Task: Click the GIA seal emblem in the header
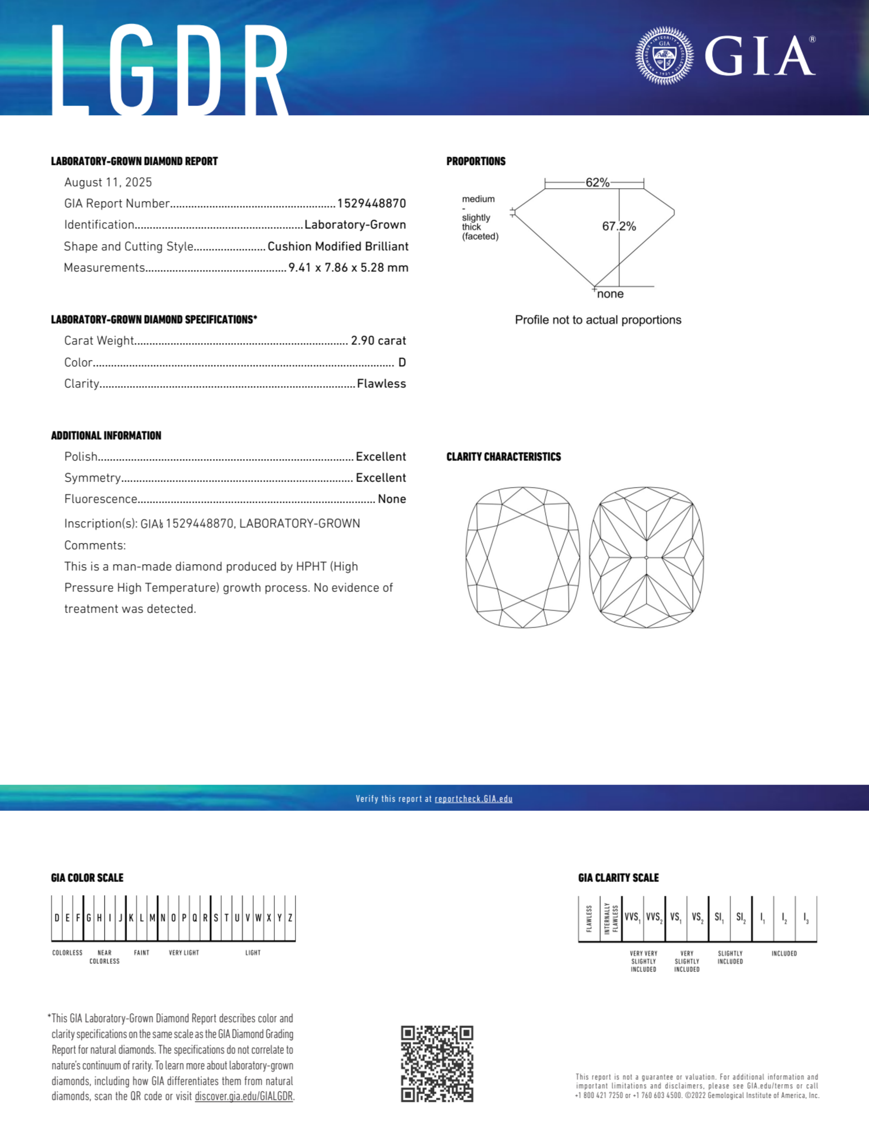click(x=664, y=56)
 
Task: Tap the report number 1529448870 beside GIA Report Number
click(x=371, y=203)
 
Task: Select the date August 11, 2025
click(x=108, y=183)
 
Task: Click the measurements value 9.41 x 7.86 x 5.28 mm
click(x=348, y=267)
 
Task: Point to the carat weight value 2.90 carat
click(x=378, y=341)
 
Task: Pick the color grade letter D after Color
click(x=402, y=363)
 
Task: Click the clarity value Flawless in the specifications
click(x=381, y=383)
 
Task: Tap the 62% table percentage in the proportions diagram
click(x=597, y=183)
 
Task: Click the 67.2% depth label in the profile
click(x=619, y=227)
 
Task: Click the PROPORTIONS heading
click(x=476, y=161)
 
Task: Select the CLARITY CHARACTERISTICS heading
click(x=503, y=457)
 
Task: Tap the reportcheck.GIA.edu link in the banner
click(x=473, y=799)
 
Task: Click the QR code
click(x=437, y=1064)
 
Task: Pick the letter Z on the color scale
click(x=290, y=918)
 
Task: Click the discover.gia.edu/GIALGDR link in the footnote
click(x=244, y=1096)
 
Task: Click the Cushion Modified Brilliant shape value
click(x=337, y=247)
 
